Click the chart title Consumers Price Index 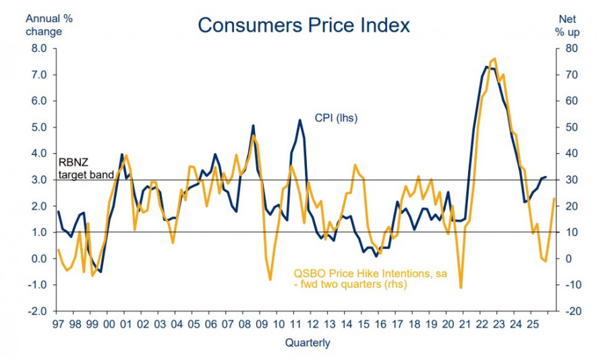(x=303, y=25)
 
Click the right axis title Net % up (x=566, y=26)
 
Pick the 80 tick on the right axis (x=571, y=49)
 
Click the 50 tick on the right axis (x=571, y=127)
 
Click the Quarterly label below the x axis (x=308, y=342)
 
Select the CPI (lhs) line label (x=336, y=118)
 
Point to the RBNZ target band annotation (x=82, y=167)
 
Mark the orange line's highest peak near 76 (x=494, y=59)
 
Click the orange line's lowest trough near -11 (x=461, y=288)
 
